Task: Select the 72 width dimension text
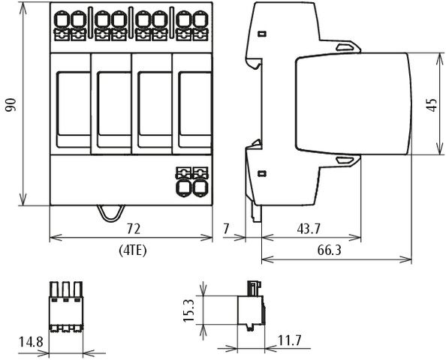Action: [x=133, y=228]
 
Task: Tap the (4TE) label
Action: [x=132, y=250]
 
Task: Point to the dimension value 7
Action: [x=226, y=228]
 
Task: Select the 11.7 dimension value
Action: [x=288, y=341]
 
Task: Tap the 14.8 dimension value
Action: [x=30, y=342]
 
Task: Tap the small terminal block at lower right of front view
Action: [x=191, y=180]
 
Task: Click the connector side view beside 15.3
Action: [x=252, y=307]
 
